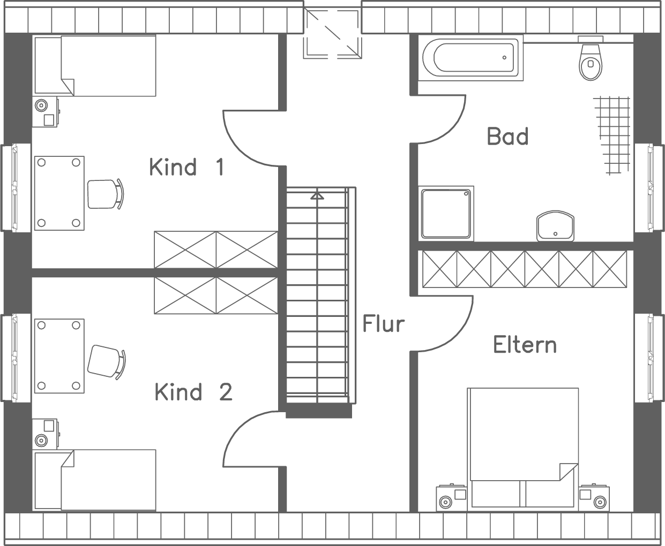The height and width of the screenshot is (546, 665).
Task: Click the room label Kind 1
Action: point(186,167)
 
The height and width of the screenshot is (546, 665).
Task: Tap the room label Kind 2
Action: point(193,392)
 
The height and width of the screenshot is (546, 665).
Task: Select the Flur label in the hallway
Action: point(383,324)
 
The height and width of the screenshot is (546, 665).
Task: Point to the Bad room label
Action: point(507,136)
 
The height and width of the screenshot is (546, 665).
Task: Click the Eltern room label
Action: point(525,345)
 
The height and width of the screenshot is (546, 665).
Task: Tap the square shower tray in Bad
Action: point(446,213)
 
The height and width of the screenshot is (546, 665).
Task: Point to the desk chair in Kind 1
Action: point(104,194)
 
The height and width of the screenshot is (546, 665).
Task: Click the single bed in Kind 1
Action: point(95,66)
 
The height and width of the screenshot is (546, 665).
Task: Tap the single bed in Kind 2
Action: point(95,480)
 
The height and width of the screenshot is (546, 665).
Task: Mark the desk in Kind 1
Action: point(59,193)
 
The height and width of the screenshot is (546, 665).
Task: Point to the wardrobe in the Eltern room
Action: point(524,269)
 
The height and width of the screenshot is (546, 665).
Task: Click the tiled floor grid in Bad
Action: point(612,135)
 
